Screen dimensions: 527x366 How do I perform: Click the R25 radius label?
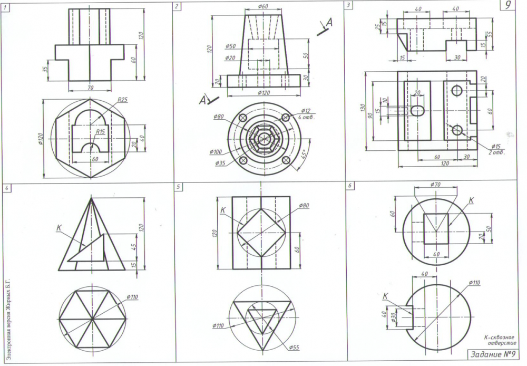click(123, 99)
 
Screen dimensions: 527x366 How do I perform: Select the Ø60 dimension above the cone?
click(263, 6)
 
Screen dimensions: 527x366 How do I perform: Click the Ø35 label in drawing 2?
click(221, 163)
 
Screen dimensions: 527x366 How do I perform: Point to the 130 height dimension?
click(363, 108)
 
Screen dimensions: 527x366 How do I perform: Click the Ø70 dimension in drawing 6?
click(435, 185)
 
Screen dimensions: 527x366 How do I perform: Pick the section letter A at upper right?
click(329, 22)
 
